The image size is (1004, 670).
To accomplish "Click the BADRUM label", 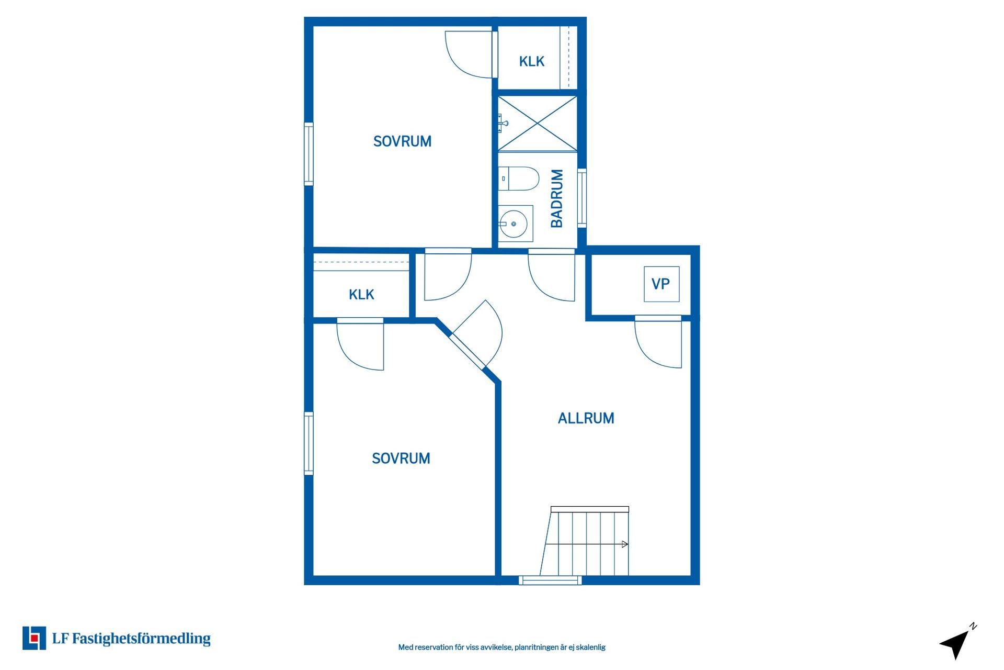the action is pos(557,198).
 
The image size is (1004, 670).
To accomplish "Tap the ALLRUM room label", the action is pos(586,418).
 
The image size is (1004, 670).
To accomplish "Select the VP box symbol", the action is pos(661,284).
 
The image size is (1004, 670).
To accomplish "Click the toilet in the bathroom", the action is pos(518,178).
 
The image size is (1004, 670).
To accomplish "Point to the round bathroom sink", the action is pos(514,224).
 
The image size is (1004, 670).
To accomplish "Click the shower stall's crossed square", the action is pos(538,124).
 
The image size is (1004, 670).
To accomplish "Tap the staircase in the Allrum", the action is pos(585,541).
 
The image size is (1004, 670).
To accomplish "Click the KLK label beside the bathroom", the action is pos(532,62).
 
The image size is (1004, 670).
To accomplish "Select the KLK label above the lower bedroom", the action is pos(361,295).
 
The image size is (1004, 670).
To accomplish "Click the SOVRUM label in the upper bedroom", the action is pos(402,141).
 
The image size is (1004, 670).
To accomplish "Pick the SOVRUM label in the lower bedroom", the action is pos(401,459).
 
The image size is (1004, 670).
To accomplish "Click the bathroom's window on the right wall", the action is pos(581,198).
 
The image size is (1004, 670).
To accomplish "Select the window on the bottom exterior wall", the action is pos(550,580).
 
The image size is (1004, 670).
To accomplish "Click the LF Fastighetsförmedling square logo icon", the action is pos(34,638).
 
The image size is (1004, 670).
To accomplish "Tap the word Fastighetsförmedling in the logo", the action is pos(141,639).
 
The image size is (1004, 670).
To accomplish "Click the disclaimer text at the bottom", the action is pos(502,647).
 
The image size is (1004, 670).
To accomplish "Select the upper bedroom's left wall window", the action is pos(309,154).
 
